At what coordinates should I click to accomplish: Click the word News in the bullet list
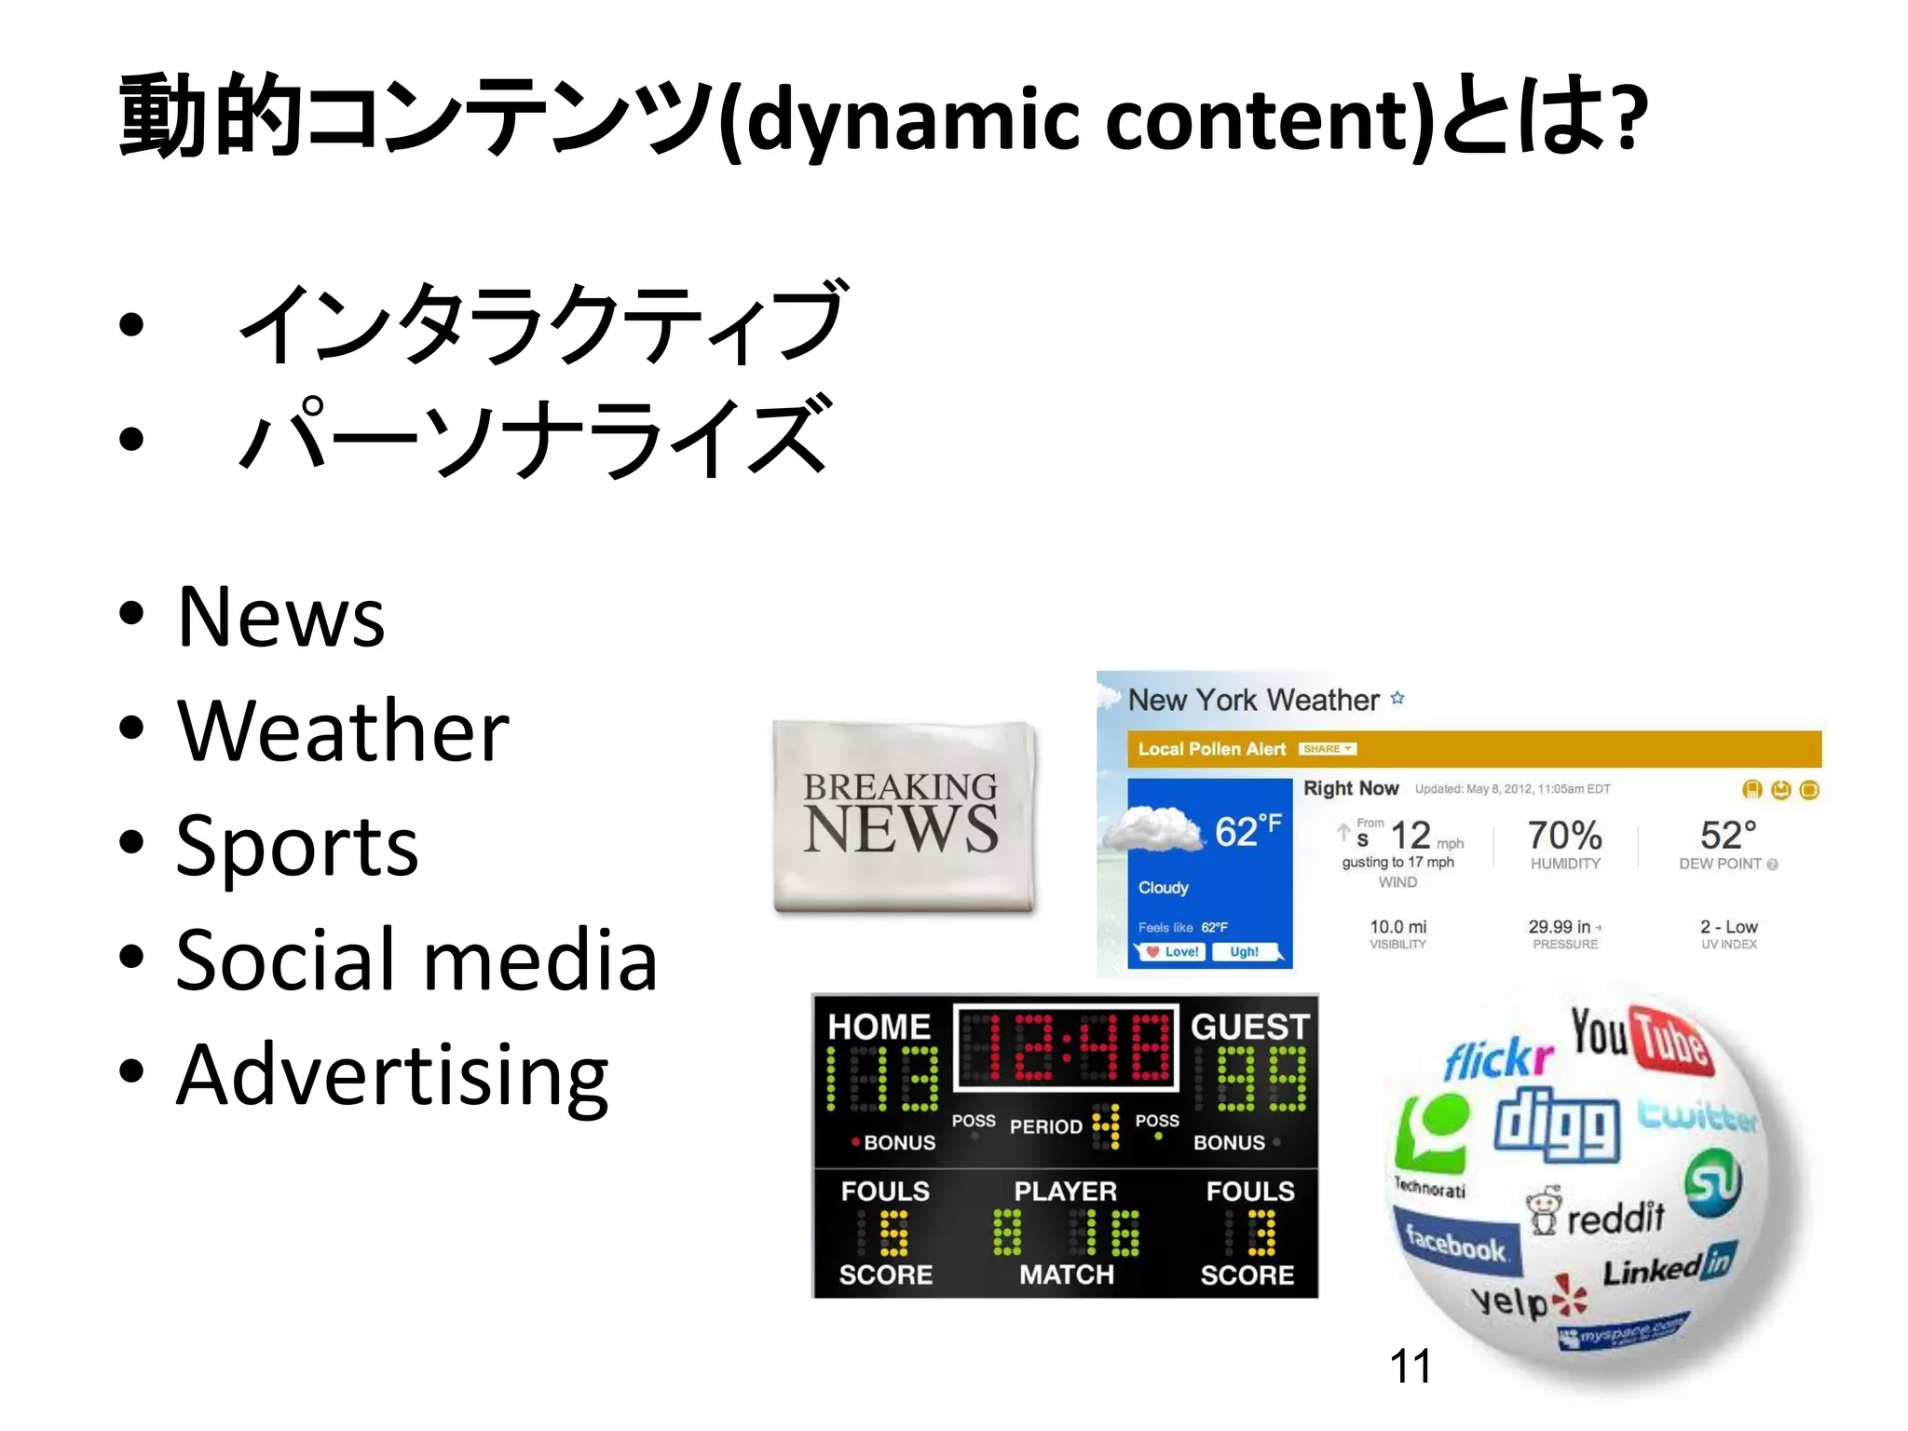click(x=280, y=617)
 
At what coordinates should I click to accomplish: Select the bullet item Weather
click(x=343, y=732)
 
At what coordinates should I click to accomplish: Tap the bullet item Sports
click(x=297, y=846)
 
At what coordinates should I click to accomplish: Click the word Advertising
click(x=392, y=1076)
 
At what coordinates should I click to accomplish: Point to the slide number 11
click(x=1410, y=1367)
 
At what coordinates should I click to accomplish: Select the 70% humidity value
click(x=1564, y=835)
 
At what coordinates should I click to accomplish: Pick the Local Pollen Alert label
click(x=1211, y=749)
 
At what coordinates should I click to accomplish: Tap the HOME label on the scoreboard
click(x=879, y=1027)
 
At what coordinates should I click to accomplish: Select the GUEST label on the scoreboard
click(x=1249, y=1027)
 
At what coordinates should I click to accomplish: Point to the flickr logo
click(x=1498, y=1058)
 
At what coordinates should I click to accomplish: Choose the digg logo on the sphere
click(x=1557, y=1125)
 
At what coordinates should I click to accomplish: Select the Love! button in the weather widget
click(x=1173, y=952)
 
